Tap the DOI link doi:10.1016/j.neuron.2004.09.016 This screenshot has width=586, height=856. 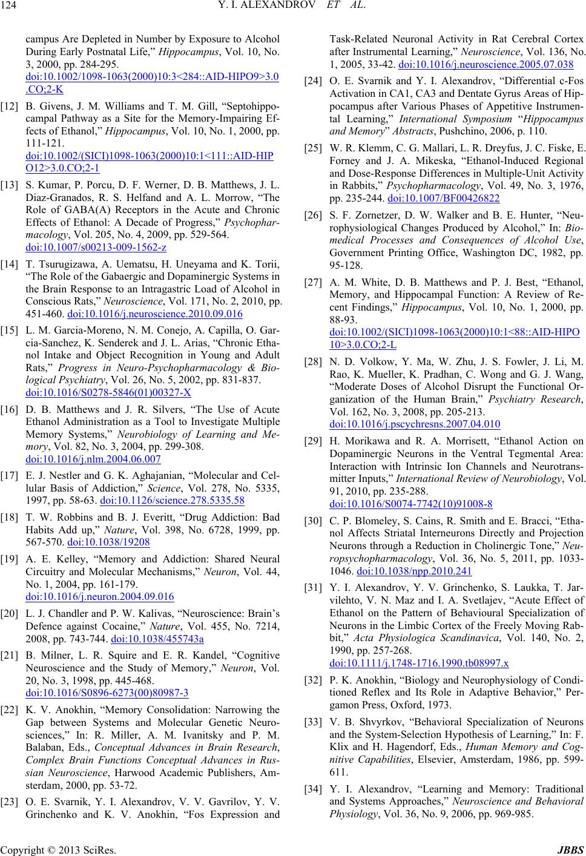[x=100, y=596]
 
